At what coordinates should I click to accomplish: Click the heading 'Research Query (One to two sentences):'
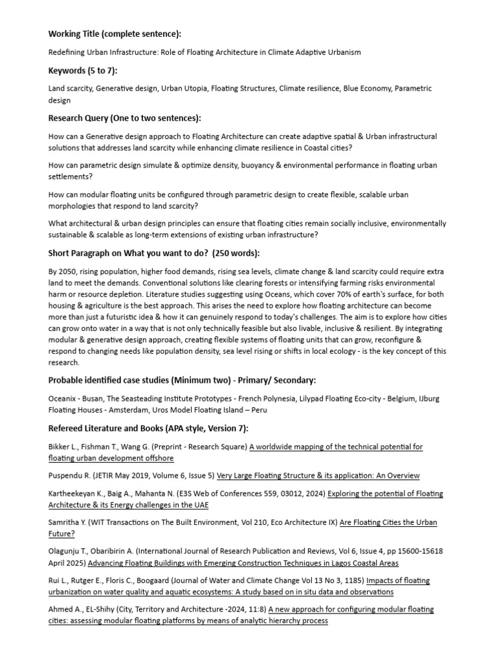(125, 118)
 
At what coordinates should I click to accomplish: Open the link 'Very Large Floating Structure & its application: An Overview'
(318, 476)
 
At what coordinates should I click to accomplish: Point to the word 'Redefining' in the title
(69, 52)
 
